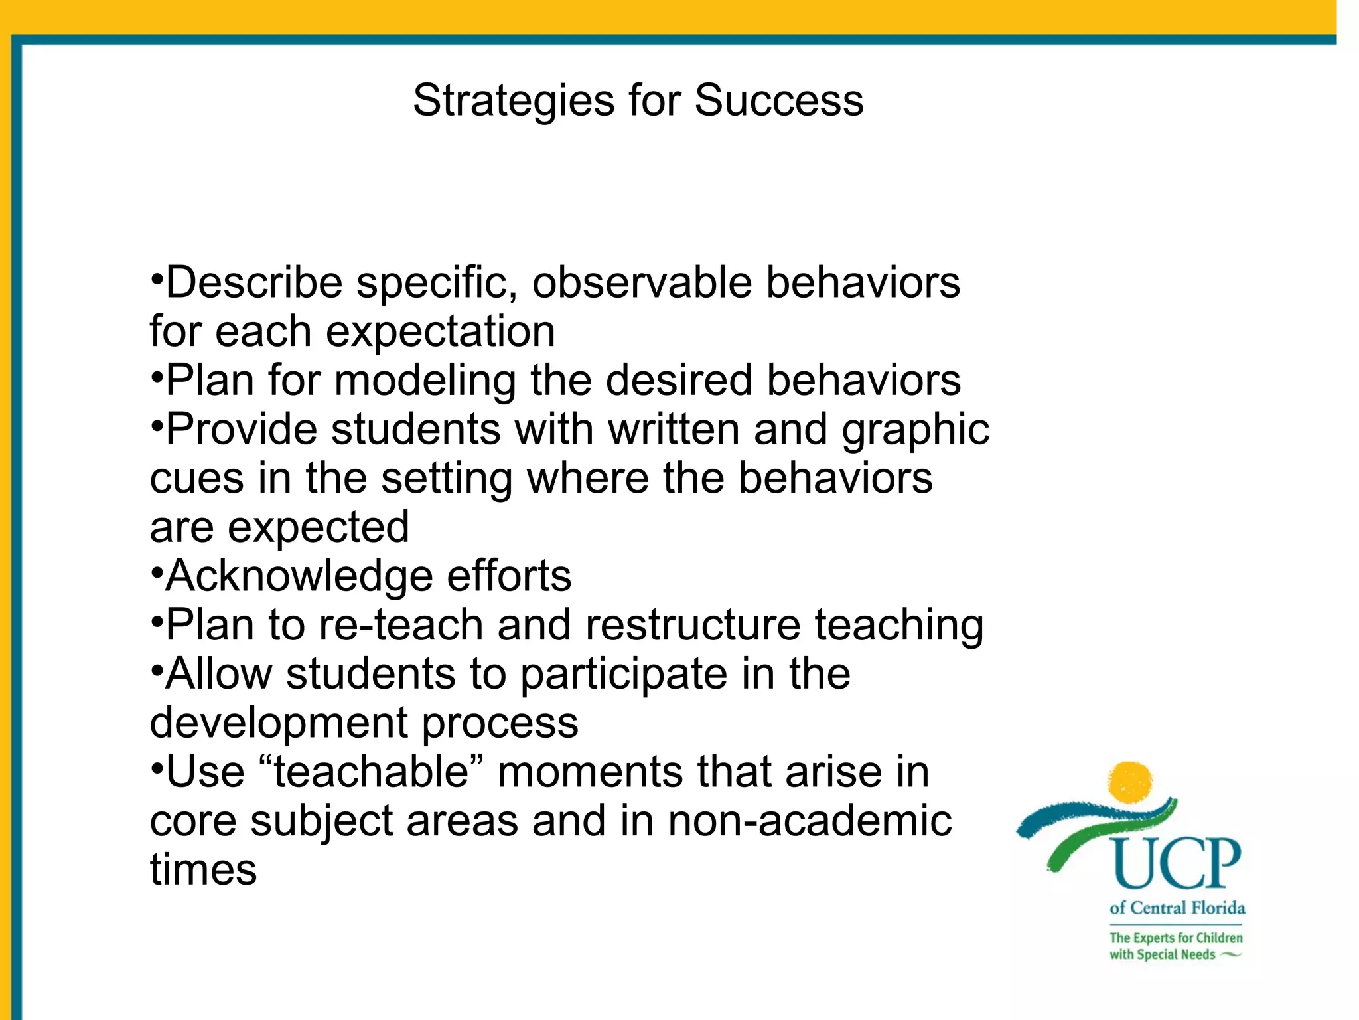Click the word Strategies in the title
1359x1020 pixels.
[513, 101]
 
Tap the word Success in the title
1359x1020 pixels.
[778, 101]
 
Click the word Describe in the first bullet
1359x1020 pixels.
[254, 282]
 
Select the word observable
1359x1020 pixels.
[642, 282]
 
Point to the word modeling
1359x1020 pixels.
[425, 381]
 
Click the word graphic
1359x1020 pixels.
[916, 430]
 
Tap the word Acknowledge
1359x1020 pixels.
[299, 576]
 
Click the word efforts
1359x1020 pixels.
[508, 576]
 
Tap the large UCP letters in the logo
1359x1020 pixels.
[1177, 863]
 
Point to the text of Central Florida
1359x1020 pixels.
[1177, 908]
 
